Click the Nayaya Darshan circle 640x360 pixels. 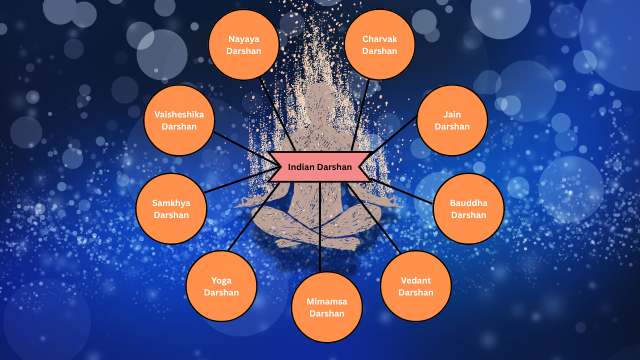pyautogui.click(x=243, y=45)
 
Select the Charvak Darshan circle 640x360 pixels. pyautogui.click(x=379, y=45)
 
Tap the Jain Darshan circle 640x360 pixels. pyautogui.click(x=452, y=120)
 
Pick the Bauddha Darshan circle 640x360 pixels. pyautogui.click(x=468, y=209)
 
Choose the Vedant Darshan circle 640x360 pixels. pyautogui.click(x=415, y=286)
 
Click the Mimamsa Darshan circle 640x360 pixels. pyautogui.click(x=327, y=307)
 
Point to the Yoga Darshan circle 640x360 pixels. pyautogui.click(x=221, y=286)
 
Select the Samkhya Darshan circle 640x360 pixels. pyautogui.click(x=171, y=209)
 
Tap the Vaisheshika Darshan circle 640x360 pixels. pyautogui.click(x=179, y=120)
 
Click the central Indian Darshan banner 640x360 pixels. pyautogui.click(x=320, y=167)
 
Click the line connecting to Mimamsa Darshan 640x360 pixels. pyautogui.click(x=320, y=227)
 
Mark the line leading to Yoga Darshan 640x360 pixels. pyautogui.click(x=252, y=217)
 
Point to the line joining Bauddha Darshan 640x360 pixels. pyautogui.click(x=402, y=191)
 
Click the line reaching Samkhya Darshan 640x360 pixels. pyautogui.click(x=240, y=180)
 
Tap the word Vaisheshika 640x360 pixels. pyautogui.click(x=179, y=114)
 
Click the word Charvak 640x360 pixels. pyautogui.click(x=379, y=39)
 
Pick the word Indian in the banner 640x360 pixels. pyautogui.click(x=299, y=167)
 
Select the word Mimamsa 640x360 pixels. pyautogui.click(x=327, y=301)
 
